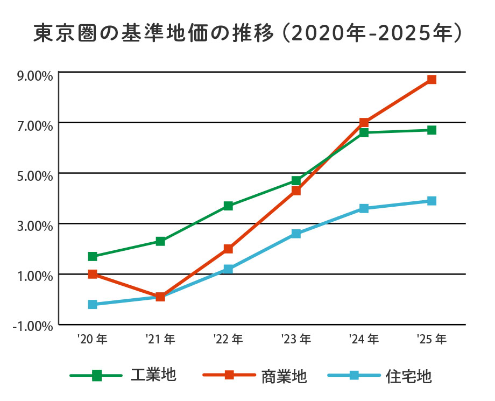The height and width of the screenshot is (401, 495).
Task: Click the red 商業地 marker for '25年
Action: click(432, 80)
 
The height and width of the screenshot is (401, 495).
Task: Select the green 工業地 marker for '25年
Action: click(432, 130)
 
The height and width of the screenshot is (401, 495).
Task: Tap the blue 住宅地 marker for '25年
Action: click(432, 201)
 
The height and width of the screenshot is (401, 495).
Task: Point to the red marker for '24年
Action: click(364, 123)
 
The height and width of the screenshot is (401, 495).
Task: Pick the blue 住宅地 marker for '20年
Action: click(93, 305)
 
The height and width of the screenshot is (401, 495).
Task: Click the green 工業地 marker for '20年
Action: click(93, 256)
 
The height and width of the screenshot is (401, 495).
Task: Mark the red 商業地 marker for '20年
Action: click(93, 274)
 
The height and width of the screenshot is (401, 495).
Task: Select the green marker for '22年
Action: click(228, 206)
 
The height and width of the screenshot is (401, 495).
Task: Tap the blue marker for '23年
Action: click(296, 234)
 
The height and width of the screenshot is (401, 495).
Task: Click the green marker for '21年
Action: click(160, 241)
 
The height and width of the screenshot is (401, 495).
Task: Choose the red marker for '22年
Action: click(228, 249)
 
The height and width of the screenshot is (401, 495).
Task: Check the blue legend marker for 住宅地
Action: click(354, 375)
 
